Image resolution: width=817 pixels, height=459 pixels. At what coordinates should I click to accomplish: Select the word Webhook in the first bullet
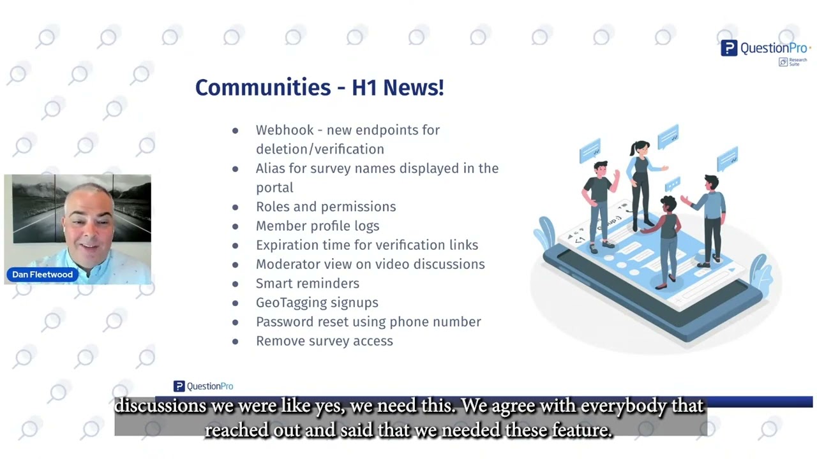coord(285,130)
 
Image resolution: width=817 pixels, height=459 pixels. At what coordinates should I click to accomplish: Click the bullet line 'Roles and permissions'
coord(326,207)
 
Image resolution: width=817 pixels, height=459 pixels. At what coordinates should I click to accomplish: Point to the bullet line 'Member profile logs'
coord(317,226)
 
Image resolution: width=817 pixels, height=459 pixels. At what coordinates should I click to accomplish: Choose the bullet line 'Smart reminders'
coord(307,283)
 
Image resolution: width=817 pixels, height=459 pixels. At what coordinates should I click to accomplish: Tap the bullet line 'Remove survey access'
coord(324,340)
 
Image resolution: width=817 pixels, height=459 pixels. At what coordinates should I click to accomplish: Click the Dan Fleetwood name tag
coord(42,274)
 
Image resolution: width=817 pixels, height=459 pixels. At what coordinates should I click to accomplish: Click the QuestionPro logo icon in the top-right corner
coord(728,48)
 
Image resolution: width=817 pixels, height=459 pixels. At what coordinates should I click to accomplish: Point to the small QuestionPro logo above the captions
coord(203,386)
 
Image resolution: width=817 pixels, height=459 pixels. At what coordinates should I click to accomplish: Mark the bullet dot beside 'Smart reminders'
coord(235,284)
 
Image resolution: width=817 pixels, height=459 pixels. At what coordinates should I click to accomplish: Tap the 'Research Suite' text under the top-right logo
coord(797,62)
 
